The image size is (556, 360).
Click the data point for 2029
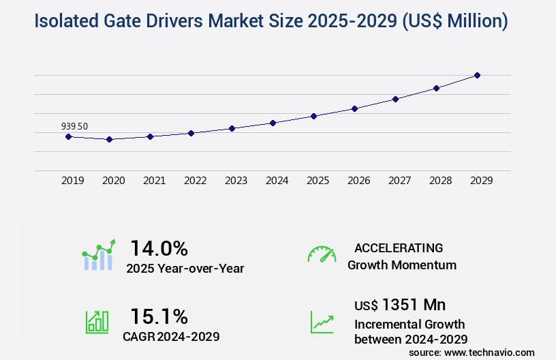click(477, 75)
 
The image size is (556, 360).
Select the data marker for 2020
click(109, 139)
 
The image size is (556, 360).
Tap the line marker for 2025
click(313, 116)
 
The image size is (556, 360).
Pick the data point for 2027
click(395, 99)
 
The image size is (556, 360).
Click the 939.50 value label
click(74, 126)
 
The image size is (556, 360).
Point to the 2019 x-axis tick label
click(73, 181)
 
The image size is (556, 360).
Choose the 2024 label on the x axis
click(277, 181)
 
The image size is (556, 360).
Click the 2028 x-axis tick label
click(441, 181)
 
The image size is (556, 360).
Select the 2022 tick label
click(196, 181)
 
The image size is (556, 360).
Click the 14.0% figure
click(159, 247)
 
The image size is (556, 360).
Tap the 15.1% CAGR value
click(159, 316)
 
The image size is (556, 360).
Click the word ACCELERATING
click(399, 247)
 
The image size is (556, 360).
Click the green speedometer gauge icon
click(322, 254)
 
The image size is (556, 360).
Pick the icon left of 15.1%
click(97, 322)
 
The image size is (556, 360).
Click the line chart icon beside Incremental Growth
click(322, 322)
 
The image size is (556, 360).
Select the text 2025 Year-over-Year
click(185, 269)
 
